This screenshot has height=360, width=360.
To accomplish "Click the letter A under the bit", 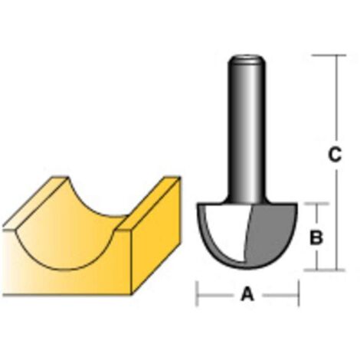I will (247, 294).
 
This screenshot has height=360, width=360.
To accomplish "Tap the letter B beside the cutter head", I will (315, 238).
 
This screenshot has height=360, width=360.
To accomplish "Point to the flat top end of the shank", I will (247, 57).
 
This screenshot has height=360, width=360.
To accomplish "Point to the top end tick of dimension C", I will (334, 55).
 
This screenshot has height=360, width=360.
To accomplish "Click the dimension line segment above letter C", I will (335, 100).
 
